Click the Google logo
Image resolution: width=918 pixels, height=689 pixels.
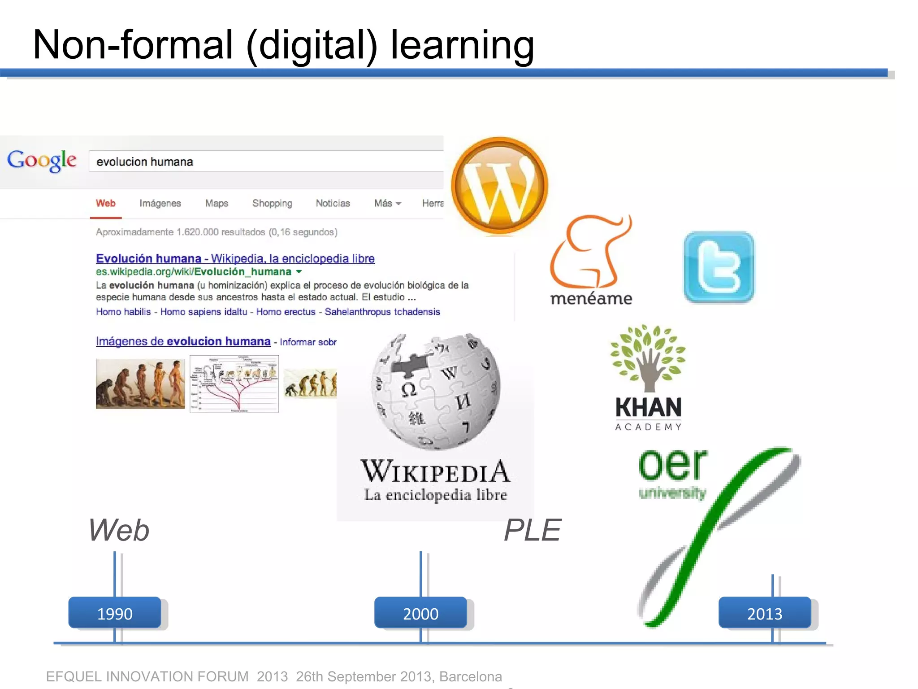point(42,161)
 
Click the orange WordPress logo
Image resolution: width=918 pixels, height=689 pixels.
point(499,186)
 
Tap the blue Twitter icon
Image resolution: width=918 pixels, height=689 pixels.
point(719,267)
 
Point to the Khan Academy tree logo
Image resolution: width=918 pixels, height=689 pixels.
point(648,358)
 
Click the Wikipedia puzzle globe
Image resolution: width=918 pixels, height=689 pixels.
point(436,391)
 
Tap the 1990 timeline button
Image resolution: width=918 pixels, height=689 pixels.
point(115,613)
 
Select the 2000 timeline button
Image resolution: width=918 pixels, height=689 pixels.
point(420,613)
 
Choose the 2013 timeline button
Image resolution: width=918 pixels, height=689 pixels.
point(765,613)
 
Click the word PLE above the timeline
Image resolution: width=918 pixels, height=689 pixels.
point(532,530)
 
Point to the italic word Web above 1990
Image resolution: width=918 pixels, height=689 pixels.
point(119,530)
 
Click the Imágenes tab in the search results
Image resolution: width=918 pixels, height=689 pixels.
point(160,203)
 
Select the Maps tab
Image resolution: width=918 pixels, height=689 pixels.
point(217,203)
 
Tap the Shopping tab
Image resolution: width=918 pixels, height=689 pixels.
point(272,203)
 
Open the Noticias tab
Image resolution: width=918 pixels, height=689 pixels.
point(333,203)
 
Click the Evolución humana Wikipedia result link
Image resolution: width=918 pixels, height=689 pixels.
point(235,258)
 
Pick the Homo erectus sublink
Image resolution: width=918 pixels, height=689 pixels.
point(286,312)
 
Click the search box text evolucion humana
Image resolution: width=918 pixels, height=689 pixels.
point(145,162)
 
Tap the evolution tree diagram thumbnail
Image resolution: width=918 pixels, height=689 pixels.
point(234,384)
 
